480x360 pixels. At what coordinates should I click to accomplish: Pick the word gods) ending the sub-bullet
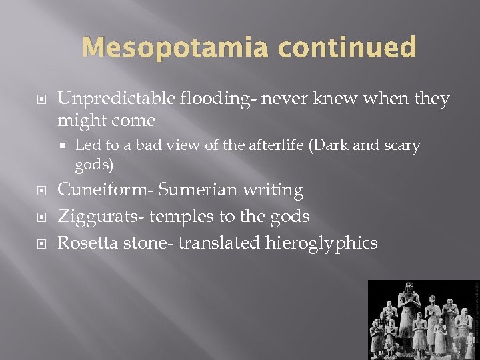[x=94, y=164]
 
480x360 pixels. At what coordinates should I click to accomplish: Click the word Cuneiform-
[x=106, y=190]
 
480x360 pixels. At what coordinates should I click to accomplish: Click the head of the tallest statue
[x=407, y=289]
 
